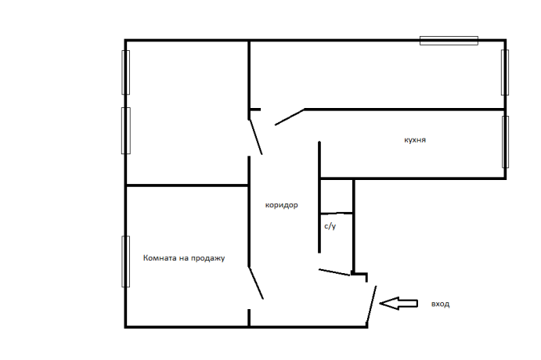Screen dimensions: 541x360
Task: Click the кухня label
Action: coord(415,140)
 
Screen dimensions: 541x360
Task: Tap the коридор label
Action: coord(282,205)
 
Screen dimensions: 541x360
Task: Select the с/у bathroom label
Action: coord(330,226)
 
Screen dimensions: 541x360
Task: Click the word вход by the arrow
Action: coord(440,304)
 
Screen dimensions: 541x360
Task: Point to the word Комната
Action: coord(160,258)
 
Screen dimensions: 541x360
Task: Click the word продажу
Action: coord(208,258)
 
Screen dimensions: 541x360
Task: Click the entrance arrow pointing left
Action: coord(399,304)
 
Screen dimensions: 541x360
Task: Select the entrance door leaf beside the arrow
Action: coord(371,305)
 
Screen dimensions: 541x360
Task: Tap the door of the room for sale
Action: coord(256,283)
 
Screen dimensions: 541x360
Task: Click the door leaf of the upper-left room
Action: coord(256,137)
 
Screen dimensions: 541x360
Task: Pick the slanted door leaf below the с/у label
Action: coord(334,272)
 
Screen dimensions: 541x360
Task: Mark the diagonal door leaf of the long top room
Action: coord(290,117)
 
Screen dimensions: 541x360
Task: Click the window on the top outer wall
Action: coord(449,41)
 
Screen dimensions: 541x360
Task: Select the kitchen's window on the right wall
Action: coord(505,142)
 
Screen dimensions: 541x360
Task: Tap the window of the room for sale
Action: coord(125,261)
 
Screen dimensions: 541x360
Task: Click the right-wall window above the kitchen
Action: coord(505,73)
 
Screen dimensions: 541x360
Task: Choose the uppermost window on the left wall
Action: coord(125,73)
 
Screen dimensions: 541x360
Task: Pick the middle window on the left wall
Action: coord(126,131)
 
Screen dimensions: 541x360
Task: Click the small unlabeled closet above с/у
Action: coord(337,196)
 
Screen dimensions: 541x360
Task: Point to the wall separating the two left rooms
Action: coord(187,185)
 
